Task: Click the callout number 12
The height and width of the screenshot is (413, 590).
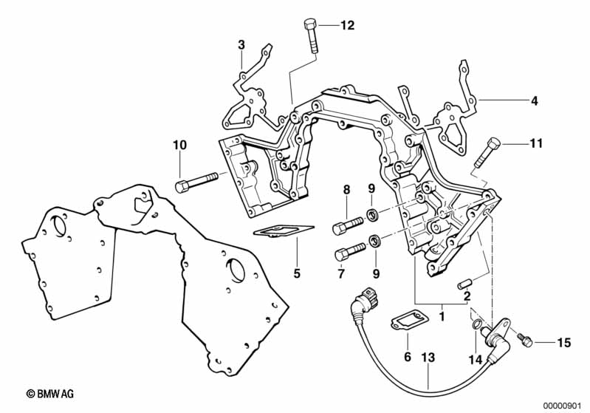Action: click(x=347, y=25)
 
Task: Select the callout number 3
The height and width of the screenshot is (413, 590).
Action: click(x=241, y=45)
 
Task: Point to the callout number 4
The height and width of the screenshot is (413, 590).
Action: click(x=534, y=99)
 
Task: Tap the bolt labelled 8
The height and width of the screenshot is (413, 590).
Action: click(x=348, y=222)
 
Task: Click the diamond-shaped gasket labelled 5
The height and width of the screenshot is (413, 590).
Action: click(x=284, y=233)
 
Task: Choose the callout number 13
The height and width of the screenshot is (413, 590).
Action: click(x=428, y=358)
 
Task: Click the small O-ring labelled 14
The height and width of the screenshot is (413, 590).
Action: click(x=477, y=326)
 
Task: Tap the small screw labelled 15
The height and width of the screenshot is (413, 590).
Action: click(x=525, y=340)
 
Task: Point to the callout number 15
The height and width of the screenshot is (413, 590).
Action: click(x=563, y=343)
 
